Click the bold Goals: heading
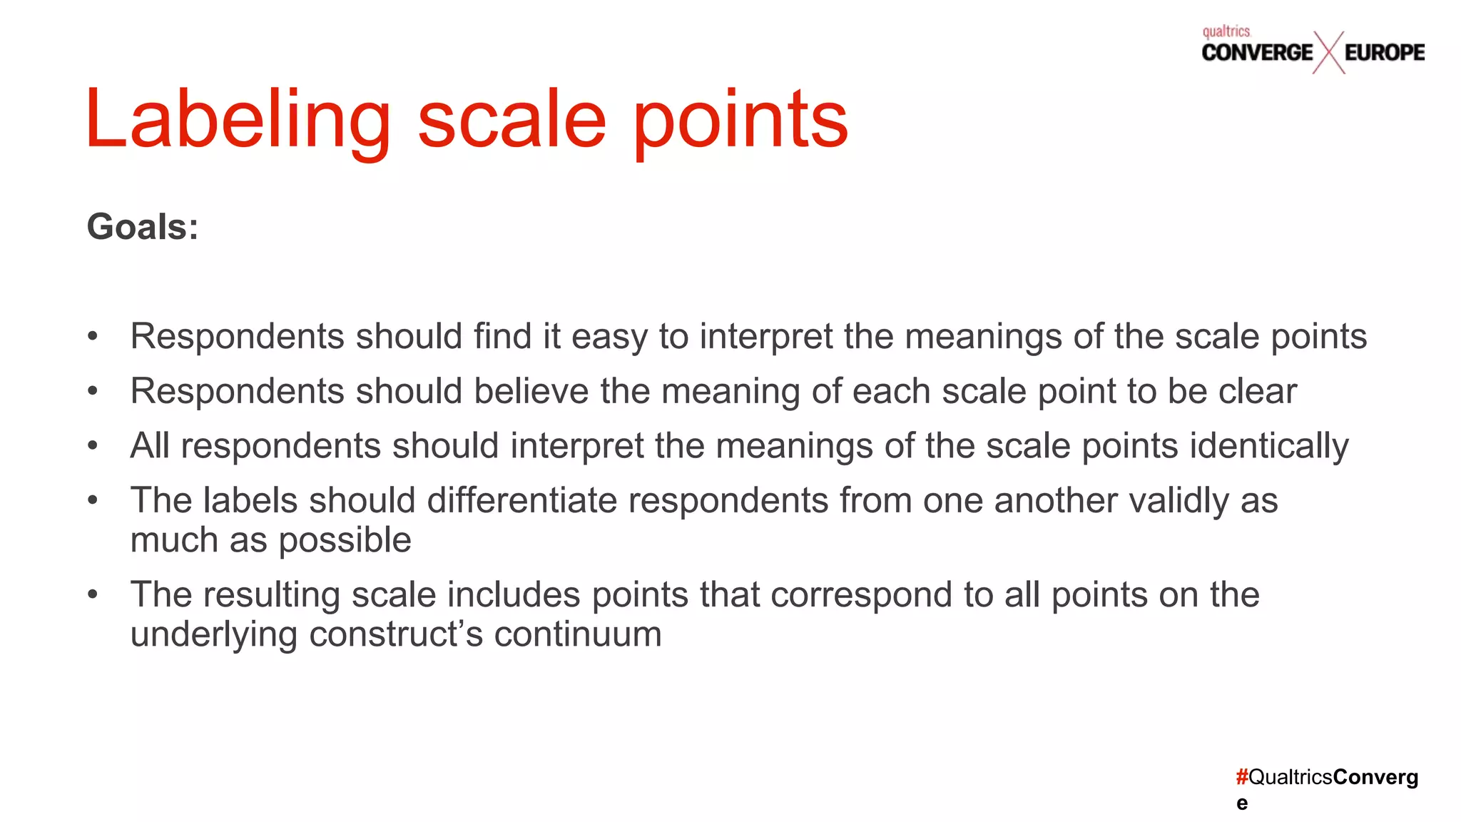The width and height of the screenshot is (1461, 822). [143, 227]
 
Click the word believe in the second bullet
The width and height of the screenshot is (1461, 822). [531, 391]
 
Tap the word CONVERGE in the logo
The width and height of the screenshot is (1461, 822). [1257, 52]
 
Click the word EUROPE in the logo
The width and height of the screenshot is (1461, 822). [1385, 52]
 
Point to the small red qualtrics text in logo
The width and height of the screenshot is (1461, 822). [1226, 31]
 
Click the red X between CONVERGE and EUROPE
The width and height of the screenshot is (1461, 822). [1328, 52]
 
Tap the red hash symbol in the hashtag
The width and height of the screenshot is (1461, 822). [1242, 777]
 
